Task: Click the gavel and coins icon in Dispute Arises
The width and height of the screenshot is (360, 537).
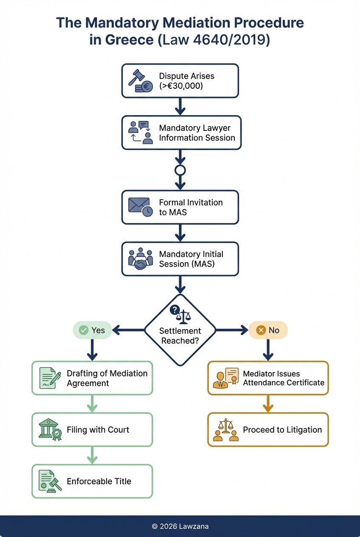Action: point(141,81)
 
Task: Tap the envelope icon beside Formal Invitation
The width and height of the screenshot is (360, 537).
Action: point(141,207)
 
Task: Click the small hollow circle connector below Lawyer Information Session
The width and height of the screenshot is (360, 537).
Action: point(180,170)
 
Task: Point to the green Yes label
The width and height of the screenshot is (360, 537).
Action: point(92,330)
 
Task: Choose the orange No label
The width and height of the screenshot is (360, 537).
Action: point(268,330)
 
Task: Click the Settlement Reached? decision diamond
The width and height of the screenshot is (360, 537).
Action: point(180,330)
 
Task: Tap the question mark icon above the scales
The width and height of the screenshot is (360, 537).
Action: point(174,310)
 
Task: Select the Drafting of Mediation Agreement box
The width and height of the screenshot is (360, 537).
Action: point(92,378)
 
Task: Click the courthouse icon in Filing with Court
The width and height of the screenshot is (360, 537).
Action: point(50,430)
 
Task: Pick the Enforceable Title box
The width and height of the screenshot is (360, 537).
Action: point(92,481)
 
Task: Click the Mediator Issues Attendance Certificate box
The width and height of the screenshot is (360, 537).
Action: point(268,378)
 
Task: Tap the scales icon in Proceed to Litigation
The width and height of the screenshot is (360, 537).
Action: point(225,430)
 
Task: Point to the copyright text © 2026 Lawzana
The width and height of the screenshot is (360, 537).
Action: point(180,526)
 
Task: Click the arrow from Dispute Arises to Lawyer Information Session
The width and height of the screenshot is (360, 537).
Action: point(180,107)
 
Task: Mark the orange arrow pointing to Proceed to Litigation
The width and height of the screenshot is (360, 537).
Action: point(268,404)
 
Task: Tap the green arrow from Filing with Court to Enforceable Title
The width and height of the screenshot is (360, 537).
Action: point(92,455)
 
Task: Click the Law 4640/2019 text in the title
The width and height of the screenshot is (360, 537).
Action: point(214,40)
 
